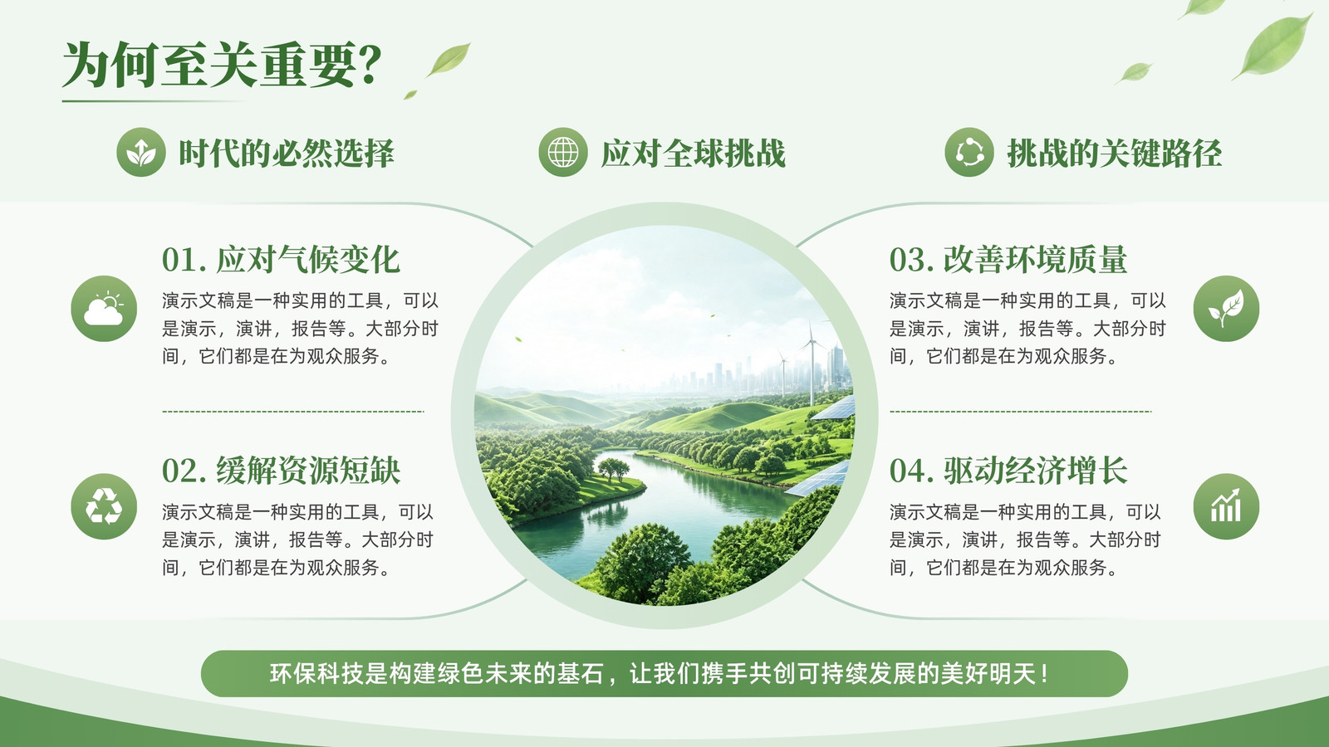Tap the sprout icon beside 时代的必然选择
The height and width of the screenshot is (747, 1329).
140,153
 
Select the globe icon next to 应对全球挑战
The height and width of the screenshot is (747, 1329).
563,153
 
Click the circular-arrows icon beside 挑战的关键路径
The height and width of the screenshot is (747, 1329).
969,153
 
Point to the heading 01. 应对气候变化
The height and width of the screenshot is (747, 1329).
281,260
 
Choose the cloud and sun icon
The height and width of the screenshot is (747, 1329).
104,308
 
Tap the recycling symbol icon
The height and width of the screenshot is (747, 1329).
104,506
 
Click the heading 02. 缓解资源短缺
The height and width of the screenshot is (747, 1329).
281,471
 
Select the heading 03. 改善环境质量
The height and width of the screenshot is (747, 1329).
1008,260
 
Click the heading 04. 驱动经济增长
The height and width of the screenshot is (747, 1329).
1008,471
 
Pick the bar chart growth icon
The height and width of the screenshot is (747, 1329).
1226,506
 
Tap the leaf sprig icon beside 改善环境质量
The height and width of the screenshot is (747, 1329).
1226,308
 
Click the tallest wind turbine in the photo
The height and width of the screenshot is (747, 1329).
811,363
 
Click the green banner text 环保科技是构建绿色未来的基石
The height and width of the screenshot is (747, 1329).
436,673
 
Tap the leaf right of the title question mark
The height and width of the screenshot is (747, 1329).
449,59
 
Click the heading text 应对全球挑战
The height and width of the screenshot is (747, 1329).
693,153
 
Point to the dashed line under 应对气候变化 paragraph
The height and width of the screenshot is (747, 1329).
293,411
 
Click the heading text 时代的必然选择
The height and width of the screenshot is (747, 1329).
287,153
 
